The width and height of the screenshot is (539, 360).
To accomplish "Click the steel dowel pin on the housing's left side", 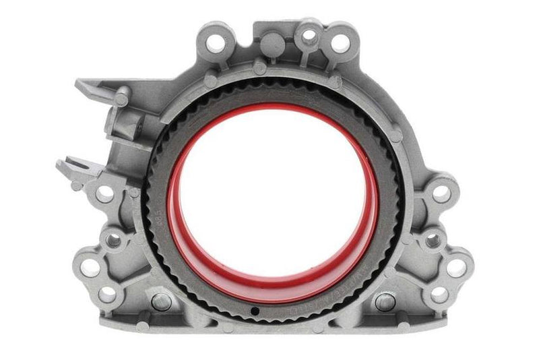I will (x=162, y=301).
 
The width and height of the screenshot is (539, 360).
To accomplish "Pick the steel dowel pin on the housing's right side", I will (x=385, y=301).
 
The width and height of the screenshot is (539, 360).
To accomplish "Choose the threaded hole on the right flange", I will (x=432, y=240).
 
